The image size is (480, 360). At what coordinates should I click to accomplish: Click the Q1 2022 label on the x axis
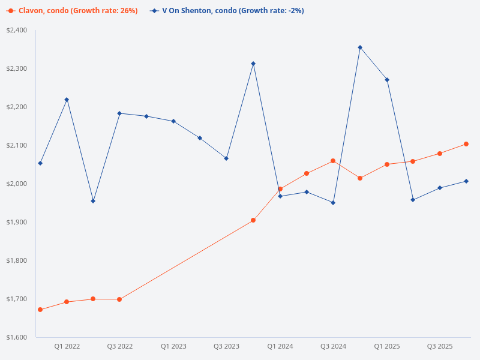[x=67, y=346]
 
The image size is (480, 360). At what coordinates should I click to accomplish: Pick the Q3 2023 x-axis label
[x=226, y=346]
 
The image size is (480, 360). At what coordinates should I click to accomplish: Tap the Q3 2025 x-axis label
[x=440, y=346]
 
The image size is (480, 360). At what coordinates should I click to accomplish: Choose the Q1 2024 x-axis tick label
[x=280, y=346]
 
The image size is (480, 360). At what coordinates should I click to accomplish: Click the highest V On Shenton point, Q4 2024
[x=360, y=47]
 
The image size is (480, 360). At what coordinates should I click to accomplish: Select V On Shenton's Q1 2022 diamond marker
[x=67, y=100]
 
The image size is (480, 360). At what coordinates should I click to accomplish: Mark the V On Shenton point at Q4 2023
[x=253, y=64]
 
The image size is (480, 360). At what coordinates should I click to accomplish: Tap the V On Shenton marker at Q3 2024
[x=333, y=203]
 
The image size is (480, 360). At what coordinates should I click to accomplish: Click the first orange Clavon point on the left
[x=40, y=310]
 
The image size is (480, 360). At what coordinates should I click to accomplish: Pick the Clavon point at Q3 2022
[x=119, y=299]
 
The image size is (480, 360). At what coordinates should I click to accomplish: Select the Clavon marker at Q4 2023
[x=253, y=220]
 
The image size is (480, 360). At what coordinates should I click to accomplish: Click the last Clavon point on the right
[x=466, y=144]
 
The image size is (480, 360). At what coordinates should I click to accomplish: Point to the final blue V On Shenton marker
[x=466, y=181]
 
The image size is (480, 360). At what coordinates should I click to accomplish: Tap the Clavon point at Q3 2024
[x=333, y=161]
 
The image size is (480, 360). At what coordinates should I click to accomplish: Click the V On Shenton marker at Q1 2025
[x=387, y=80]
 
